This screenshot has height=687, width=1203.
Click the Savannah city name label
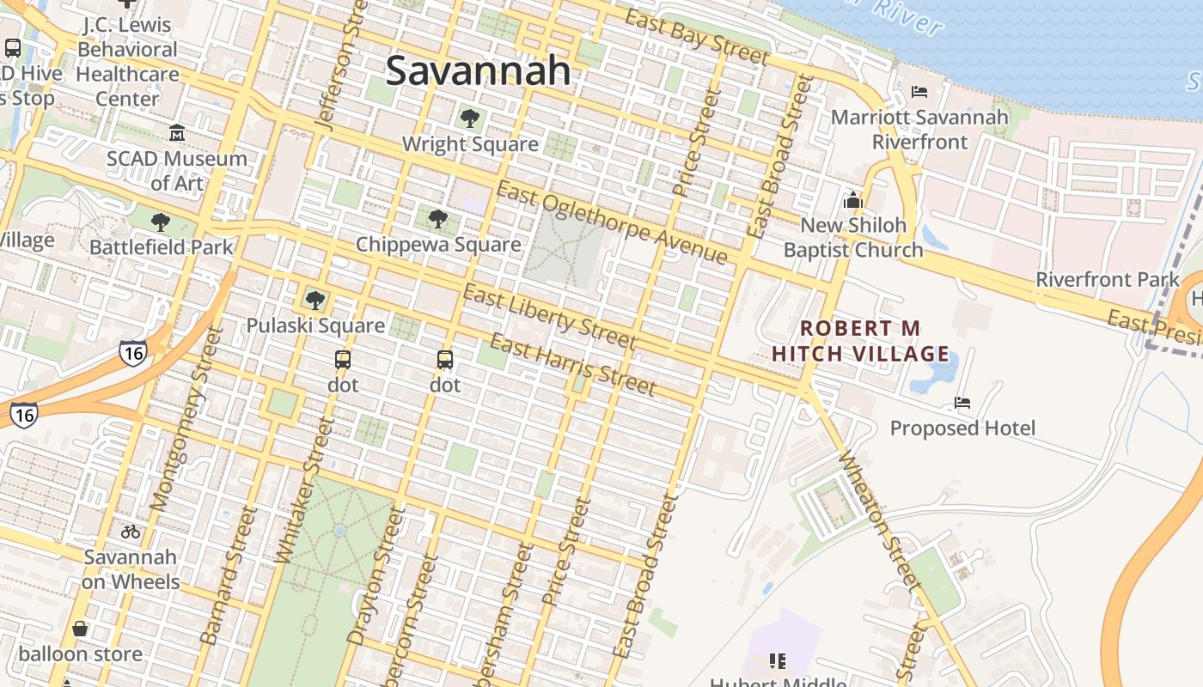pyautogui.click(x=478, y=70)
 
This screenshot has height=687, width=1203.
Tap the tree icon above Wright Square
pyautogui.click(x=469, y=119)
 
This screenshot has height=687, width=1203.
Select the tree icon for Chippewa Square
pyautogui.click(x=438, y=219)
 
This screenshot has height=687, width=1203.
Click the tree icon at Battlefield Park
pyautogui.click(x=160, y=223)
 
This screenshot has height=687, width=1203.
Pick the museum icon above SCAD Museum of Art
pyautogui.click(x=177, y=133)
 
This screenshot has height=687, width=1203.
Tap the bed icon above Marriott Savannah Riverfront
pyautogui.click(x=919, y=92)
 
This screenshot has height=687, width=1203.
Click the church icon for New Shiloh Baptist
pyautogui.click(x=852, y=201)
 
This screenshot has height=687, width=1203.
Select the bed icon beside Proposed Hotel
pyautogui.click(x=962, y=403)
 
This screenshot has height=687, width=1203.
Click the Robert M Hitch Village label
pyautogui.click(x=860, y=341)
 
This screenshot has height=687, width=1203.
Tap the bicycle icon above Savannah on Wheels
pyautogui.click(x=131, y=532)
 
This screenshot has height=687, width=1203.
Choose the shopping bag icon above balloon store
pyautogui.click(x=80, y=629)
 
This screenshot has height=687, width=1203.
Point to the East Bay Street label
pyautogui.click(x=696, y=37)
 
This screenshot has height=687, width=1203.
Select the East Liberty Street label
pyautogui.click(x=549, y=319)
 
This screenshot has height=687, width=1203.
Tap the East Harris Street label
pyautogui.click(x=572, y=365)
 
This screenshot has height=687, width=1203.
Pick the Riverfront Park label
pyautogui.click(x=1108, y=279)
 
